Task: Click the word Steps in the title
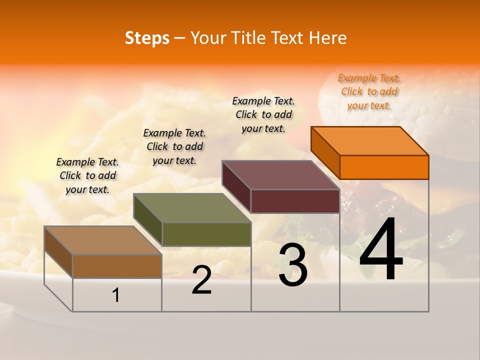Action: (x=147, y=38)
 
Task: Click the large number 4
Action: (x=381, y=250)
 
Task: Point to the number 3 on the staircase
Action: (x=293, y=265)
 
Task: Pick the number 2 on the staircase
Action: (x=201, y=280)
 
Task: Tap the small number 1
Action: (x=116, y=295)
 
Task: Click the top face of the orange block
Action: (x=370, y=140)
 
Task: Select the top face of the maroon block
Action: (x=281, y=174)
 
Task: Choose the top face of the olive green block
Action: (x=192, y=208)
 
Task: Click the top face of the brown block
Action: (x=103, y=240)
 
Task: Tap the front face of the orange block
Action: (x=384, y=167)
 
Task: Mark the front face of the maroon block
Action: (x=295, y=201)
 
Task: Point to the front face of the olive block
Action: (x=206, y=234)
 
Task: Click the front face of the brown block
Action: (x=117, y=266)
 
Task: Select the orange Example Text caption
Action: (x=369, y=91)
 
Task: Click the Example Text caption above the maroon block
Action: (x=263, y=114)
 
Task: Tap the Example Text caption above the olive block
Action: (x=174, y=146)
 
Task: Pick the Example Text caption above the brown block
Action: (x=87, y=175)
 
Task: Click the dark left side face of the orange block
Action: (x=325, y=152)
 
